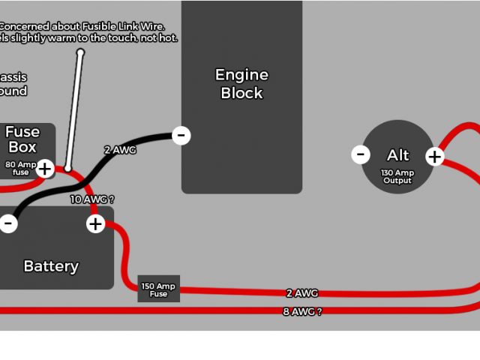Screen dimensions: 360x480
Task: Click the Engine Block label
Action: [241, 84]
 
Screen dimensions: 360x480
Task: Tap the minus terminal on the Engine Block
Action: [181, 136]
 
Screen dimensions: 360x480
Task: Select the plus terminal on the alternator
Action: [435, 157]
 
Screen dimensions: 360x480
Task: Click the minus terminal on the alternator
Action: [361, 155]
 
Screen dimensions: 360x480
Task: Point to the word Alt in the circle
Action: [397, 155]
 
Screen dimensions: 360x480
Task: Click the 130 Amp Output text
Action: [397, 176]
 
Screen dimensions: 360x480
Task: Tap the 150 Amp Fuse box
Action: [158, 289]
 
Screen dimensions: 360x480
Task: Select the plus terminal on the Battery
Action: [95, 223]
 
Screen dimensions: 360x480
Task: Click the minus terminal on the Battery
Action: [8, 223]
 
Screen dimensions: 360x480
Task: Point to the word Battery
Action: [51, 266]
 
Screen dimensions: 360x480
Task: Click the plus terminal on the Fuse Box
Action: [45, 169]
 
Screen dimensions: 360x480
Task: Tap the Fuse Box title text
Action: [22, 139]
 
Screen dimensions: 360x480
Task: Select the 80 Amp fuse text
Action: [20, 168]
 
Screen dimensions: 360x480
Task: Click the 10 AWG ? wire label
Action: [92, 199]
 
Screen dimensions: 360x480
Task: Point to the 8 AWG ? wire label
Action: [302, 311]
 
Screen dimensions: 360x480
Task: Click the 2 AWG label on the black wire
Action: [120, 150]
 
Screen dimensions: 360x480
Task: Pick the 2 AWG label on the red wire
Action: [302, 293]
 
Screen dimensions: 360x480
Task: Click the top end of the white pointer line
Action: [80, 52]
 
